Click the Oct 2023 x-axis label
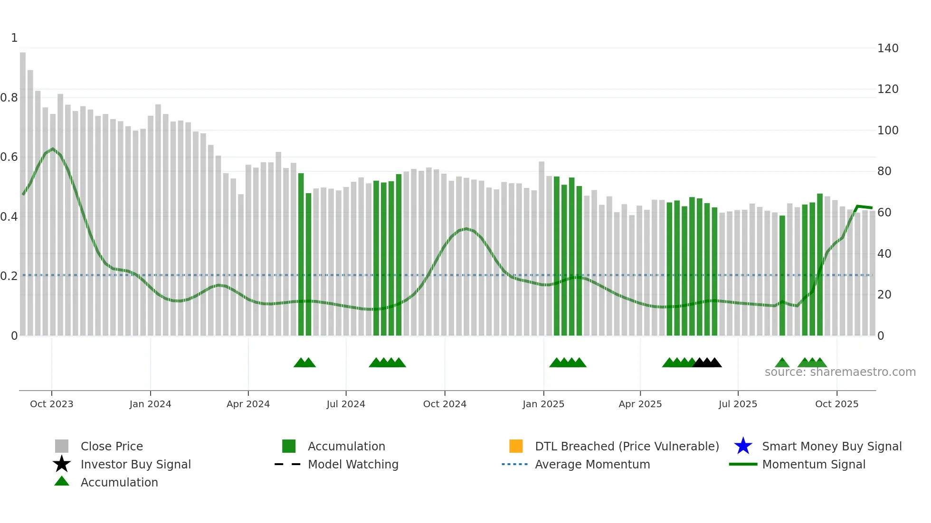click(x=51, y=404)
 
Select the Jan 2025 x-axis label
click(x=543, y=404)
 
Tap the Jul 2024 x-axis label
click(x=346, y=404)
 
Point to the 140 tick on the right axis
click(x=887, y=48)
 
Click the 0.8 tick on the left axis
click(x=9, y=98)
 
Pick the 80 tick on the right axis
click(x=884, y=171)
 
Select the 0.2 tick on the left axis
click(x=9, y=276)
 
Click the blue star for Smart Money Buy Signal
click(x=743, y=446)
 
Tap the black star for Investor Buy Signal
click(x=62, y=464)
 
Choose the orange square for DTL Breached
click(x=516, y=446)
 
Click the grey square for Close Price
click(x=62, y=446)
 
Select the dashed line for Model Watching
click(x=288, y=464)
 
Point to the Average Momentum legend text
click(x=592, y=464)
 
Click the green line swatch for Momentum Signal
click(x=743, y=464)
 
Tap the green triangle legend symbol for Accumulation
click(x=62, y=482)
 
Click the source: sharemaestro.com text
click(x=840, y=372)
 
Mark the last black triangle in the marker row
click(x=715, y=363)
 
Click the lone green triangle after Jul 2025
click(x=782, y=363)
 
